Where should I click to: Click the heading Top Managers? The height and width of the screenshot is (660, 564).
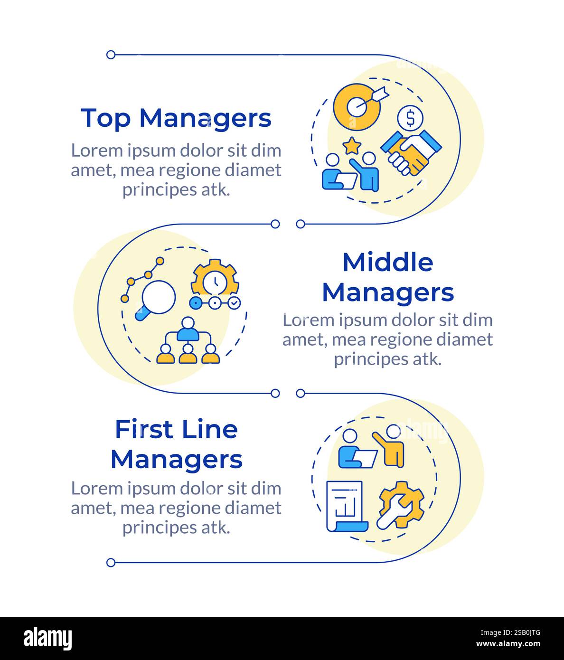coord(176,118)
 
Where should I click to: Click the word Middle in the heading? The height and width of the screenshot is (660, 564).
coord(387,262)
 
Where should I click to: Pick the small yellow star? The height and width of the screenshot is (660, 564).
coord(352,146)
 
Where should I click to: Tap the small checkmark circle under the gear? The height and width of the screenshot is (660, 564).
coord(234,302)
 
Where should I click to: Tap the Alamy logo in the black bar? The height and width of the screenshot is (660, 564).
coord(48,639)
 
